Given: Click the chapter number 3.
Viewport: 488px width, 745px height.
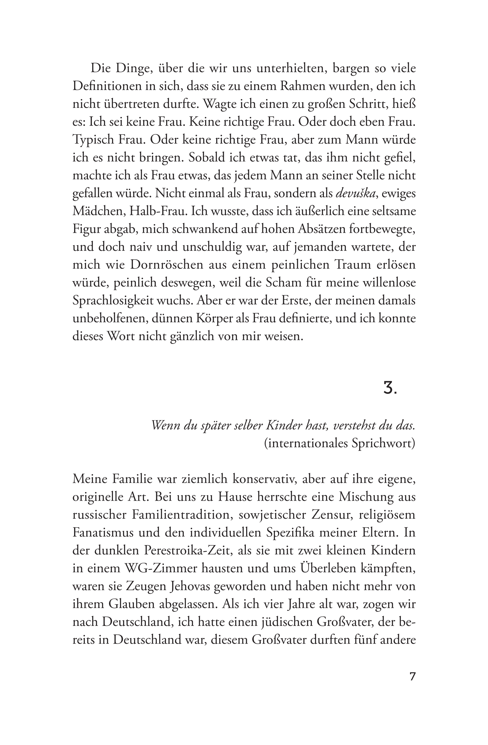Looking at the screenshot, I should pyautogui.click(x=390, y=389).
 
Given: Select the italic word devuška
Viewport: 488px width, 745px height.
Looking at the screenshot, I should pyautogui.click(x=355, y=194).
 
